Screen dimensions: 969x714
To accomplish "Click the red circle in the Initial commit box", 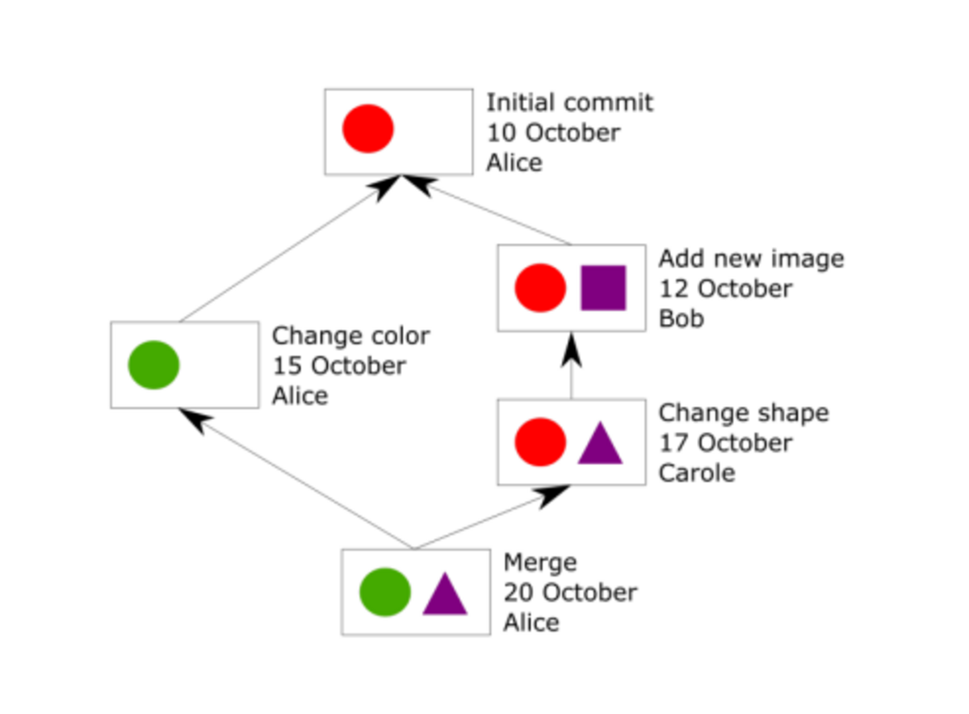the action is (368, 128).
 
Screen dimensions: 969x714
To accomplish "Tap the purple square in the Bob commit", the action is (603, 288).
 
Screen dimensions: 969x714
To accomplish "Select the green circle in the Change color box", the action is (153, 365).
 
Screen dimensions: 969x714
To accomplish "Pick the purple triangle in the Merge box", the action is (445, 594).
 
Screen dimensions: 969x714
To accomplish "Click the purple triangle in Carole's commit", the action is (601, 443).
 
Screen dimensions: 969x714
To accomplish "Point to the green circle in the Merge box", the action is (385, 592).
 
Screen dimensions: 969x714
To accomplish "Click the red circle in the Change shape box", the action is (540, 442).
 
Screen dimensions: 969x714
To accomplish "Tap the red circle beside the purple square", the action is (540, 288).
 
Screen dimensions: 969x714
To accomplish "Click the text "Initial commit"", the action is (570, 103).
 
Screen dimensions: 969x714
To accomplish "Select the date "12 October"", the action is (725, 288).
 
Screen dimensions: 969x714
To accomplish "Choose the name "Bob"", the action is (682, 318).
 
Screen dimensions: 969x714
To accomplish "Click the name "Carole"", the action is (697, 472).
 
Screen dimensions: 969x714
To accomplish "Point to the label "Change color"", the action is (350, 335).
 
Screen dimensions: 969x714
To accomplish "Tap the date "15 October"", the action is (339, 366).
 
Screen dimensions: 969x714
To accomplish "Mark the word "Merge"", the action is (540, 564).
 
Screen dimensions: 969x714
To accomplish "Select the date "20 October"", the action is (570, 592).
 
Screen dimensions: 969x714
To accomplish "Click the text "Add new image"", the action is (752, 258).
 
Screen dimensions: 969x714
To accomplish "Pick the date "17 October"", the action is (725, 443).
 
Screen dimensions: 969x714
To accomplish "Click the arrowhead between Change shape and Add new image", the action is (571, 351).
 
